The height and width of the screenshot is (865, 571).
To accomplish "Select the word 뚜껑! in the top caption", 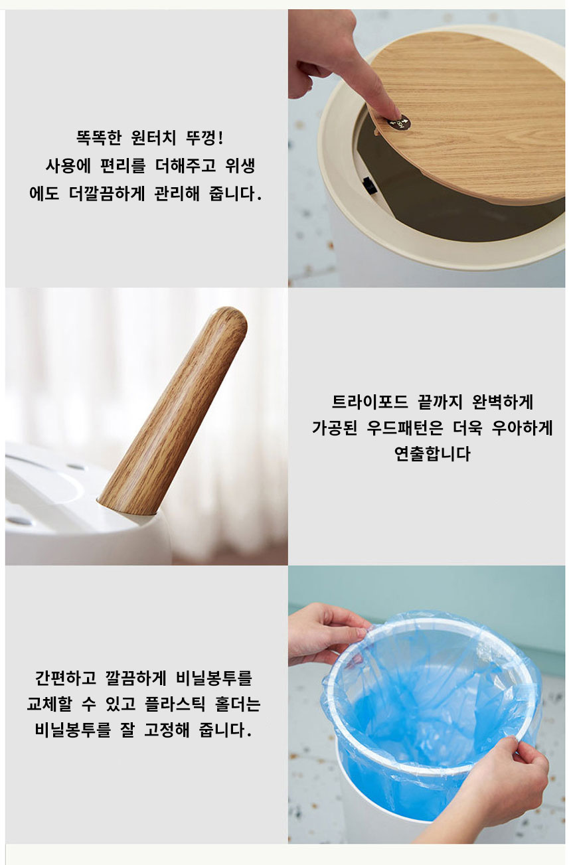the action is [204, 138].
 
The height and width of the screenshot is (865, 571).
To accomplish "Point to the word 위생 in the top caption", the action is [240, 166].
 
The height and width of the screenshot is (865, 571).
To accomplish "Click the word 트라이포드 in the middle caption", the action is [370, 402].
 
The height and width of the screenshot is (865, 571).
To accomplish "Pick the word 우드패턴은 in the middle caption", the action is [404, 428].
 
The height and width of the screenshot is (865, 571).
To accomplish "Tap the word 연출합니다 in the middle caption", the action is [432, 453].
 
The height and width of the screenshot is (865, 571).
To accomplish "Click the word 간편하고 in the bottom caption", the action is [65, 678].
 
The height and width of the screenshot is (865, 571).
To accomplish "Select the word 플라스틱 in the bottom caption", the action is [175, 704].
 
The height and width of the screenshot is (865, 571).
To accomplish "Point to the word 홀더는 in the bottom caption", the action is [238, 704].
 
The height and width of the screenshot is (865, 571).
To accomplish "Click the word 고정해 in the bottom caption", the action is [167, 730].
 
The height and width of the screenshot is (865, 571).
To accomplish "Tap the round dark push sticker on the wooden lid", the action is [398, 123].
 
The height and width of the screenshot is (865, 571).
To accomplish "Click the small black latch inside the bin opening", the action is [369, 186].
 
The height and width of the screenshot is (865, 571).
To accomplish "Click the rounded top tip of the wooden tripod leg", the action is [231, 317].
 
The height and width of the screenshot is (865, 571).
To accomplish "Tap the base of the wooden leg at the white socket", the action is [127, 503].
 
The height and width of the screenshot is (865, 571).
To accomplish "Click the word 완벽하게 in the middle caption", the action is [503, 402].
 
